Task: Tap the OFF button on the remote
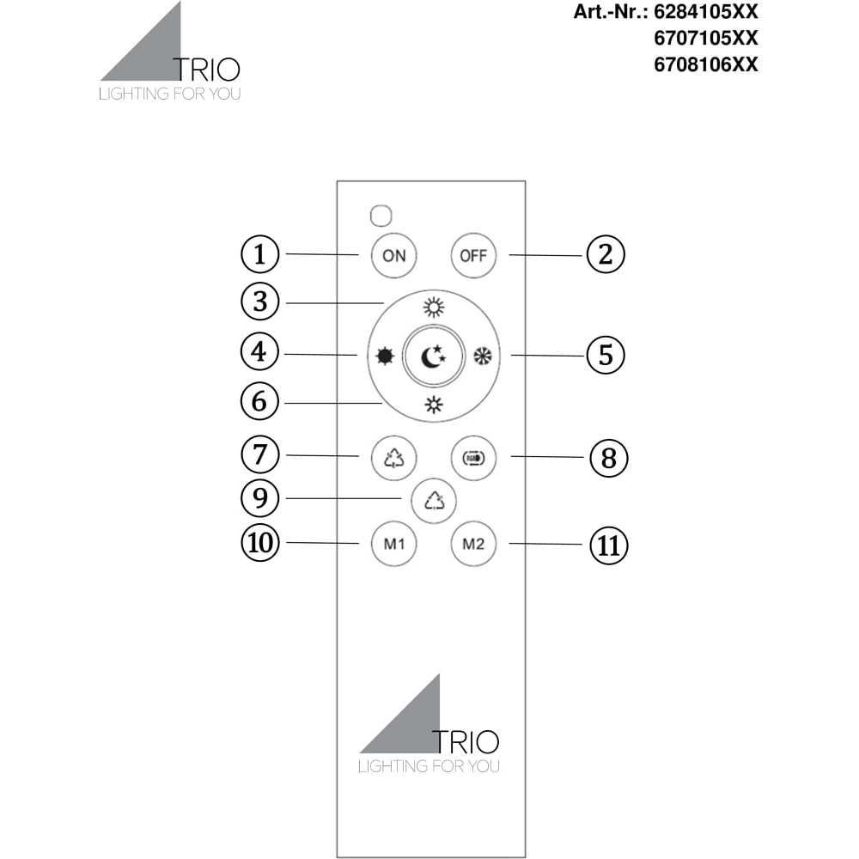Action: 473,255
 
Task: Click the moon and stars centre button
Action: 433,356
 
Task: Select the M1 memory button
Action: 394,544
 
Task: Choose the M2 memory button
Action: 473,544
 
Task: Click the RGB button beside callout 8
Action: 473,458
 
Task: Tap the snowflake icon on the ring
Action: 483,356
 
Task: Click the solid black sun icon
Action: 385,356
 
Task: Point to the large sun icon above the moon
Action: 434,308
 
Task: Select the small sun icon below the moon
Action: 434,405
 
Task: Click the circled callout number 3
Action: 260,302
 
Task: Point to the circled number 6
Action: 259,401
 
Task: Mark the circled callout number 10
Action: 260,543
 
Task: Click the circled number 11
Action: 609,545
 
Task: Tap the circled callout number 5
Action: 606,355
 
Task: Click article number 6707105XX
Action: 706,38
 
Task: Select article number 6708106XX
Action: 706,64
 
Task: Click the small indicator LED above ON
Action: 381,216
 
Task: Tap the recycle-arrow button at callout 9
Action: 434,501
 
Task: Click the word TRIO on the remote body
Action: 465,742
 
